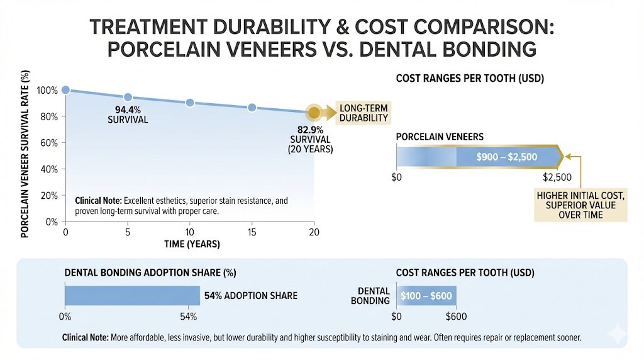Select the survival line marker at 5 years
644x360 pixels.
point(128,97)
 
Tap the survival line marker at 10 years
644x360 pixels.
point(190,103)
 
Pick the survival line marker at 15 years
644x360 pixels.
point(252,108)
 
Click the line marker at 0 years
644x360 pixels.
point(65,90)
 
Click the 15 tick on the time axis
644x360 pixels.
point(252,232)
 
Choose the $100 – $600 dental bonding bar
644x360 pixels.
point(426,295)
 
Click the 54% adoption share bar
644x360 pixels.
point(132,295)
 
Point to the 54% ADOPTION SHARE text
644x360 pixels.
point(251,295)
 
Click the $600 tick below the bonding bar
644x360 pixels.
point(457,316)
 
